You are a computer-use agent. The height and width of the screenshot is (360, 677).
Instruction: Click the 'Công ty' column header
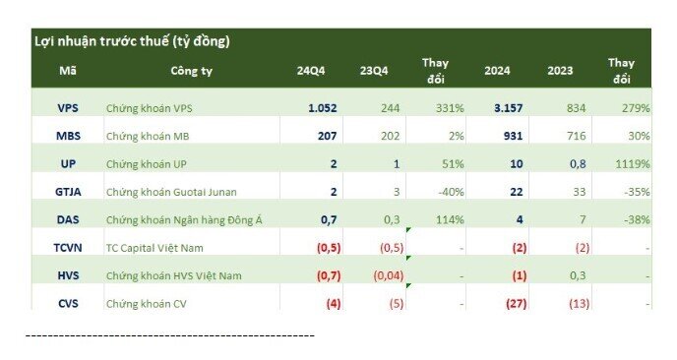point(191,71)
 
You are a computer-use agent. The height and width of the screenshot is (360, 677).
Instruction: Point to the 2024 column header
point(498,71)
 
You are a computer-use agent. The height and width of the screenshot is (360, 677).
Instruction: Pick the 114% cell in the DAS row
point(446,219)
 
